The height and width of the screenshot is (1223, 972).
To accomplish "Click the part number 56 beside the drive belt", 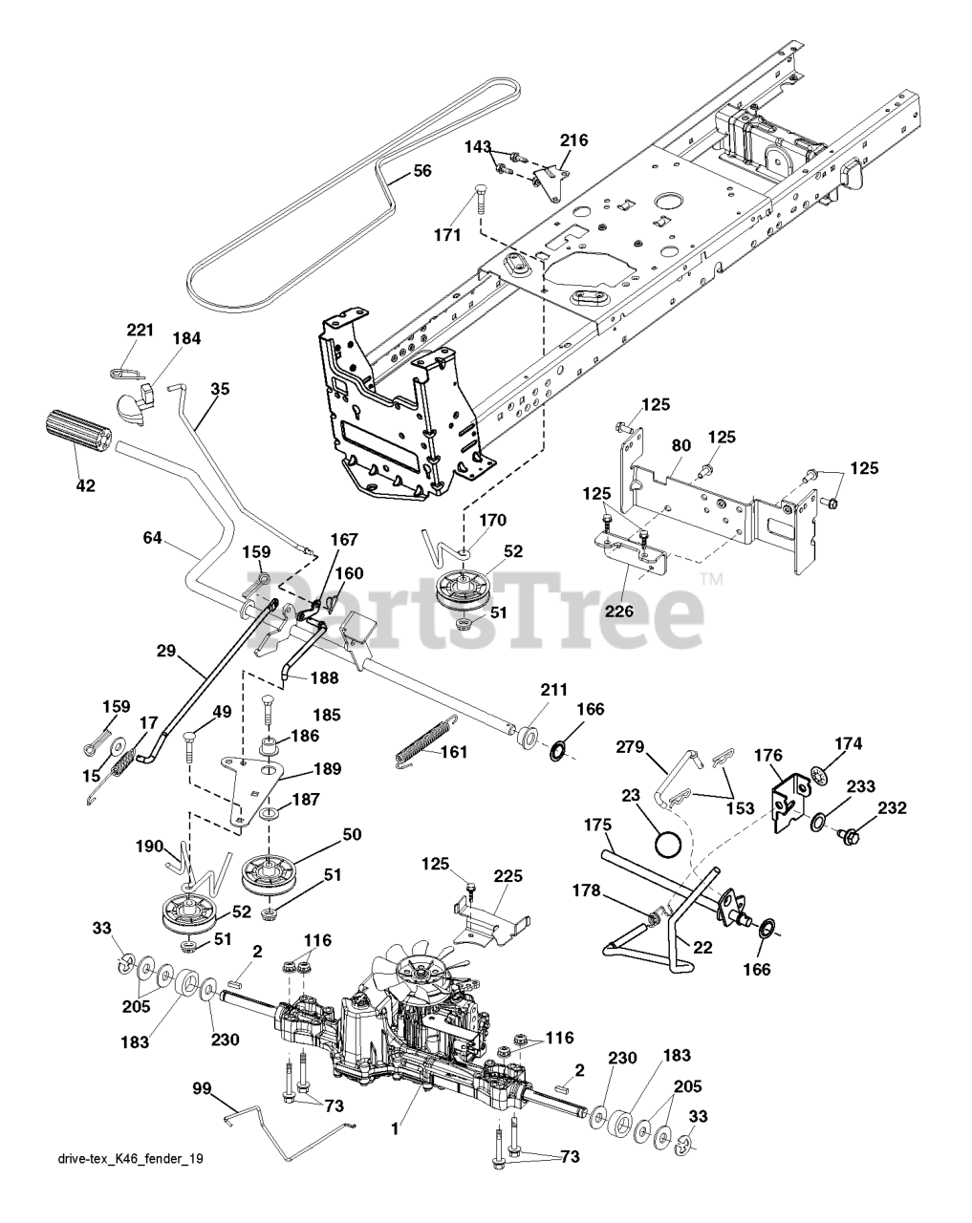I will (421, 171).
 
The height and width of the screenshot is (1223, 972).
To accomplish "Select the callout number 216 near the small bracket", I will (573, 140).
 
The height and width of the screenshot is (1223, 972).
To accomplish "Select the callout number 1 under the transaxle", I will (394, 1128).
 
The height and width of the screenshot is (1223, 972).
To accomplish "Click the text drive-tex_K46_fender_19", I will (131, 1185).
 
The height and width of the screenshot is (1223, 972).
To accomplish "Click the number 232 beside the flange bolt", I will (893, 807).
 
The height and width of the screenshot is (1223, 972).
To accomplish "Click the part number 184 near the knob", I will (186, 338).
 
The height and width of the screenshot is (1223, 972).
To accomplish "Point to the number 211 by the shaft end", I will (554, 689).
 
